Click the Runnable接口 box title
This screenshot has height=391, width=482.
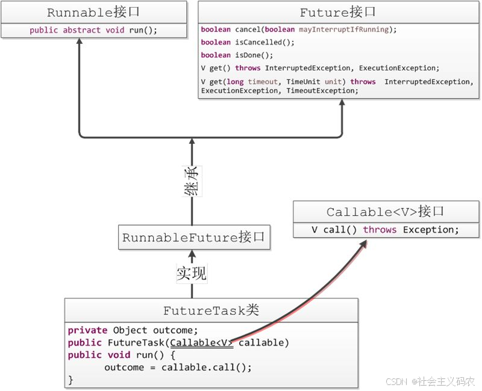coord(93,12)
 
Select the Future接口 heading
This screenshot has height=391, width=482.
coord(337,12)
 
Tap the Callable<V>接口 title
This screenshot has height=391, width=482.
coord(385,212)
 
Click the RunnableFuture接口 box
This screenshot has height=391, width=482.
coord(194,237)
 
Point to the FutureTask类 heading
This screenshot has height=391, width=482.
coord(211,310)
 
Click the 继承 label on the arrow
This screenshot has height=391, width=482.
coord(192,181)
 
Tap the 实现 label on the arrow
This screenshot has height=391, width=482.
coord(192,273)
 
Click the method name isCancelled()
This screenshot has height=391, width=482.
coord(264,42)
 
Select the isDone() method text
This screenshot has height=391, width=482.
coord(254,55)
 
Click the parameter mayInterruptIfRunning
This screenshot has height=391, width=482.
coord(343,29)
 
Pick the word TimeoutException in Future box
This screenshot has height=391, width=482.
coord(321,91)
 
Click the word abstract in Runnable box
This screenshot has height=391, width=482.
coord(81,30)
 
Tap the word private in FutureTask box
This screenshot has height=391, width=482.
coord(87,330)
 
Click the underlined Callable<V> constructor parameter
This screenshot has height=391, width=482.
coord(202,342)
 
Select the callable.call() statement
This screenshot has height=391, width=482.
coord(206,368)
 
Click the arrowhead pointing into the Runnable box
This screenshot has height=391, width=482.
coord(80,41)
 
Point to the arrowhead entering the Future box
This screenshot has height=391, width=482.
coord(342,102)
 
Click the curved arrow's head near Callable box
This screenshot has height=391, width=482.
coord(363,244)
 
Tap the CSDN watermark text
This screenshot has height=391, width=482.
coord(430,381)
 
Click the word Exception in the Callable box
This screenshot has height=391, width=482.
coord(431,230)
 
